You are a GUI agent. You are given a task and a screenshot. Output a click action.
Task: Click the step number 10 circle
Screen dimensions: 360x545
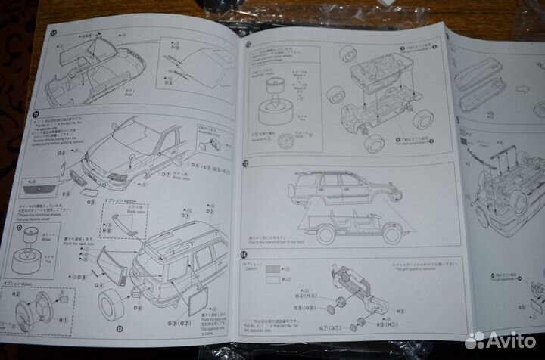pyautogui.click(x=53, y=33)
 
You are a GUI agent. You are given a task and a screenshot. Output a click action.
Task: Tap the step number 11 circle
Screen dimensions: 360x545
pyautogui.click(x=36, y=114)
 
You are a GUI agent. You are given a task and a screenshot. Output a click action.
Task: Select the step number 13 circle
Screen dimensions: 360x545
pyautogui.click(x=245, y=163)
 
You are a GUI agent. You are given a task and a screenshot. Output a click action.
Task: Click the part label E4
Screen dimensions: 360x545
pyautogui.click(x=67, y=194)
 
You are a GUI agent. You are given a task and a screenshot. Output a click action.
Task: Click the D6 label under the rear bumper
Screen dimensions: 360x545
pyautogui.click(x=139, y=308)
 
